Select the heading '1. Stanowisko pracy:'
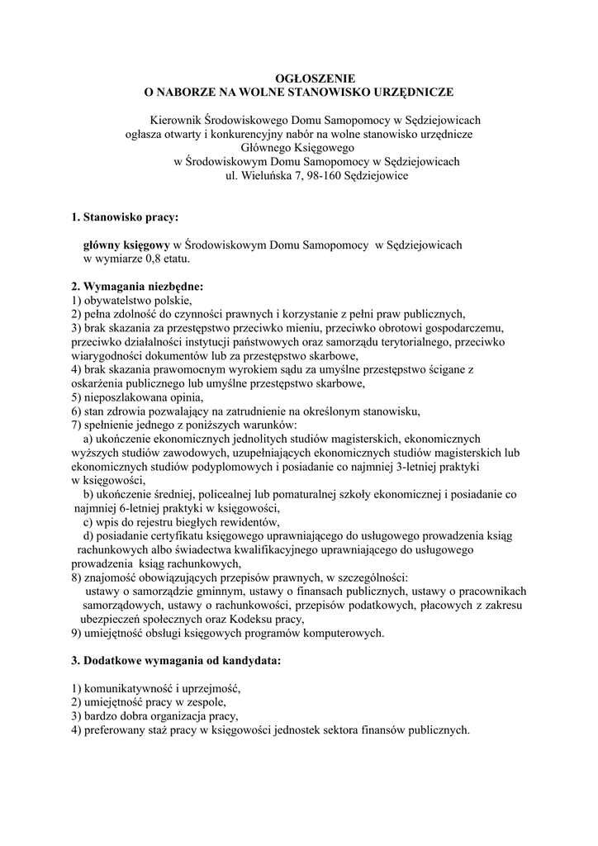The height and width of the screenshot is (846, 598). point(125,217)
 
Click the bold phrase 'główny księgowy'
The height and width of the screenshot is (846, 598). point(126,245)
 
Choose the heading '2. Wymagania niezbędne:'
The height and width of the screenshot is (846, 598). point(136,287)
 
